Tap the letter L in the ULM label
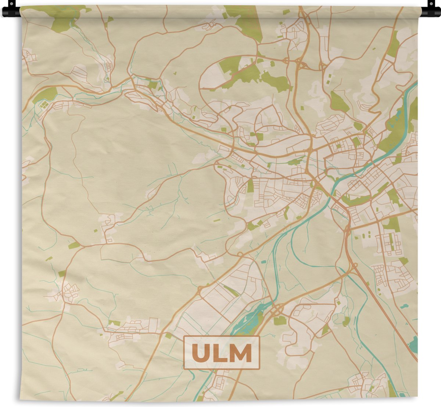(221, 353)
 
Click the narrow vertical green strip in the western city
(250, 186)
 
